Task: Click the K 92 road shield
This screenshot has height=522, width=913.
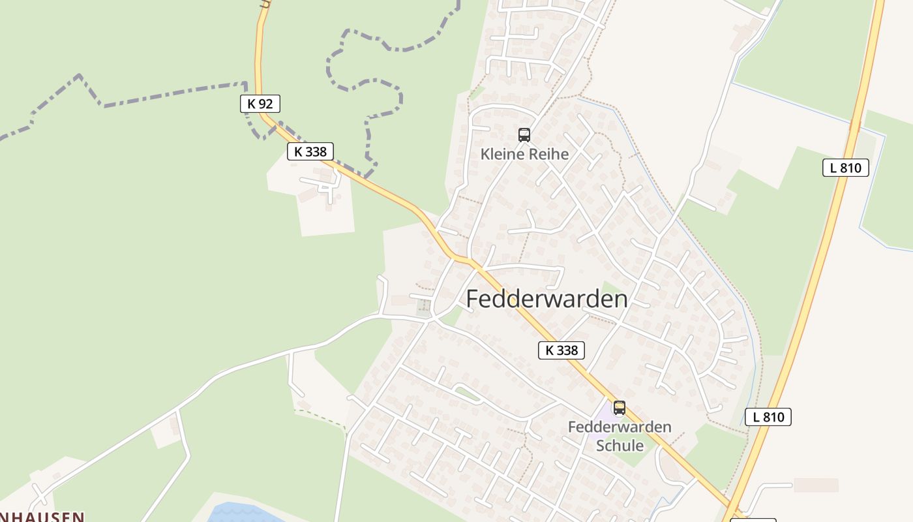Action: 260,103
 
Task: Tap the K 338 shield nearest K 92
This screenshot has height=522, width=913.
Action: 310,151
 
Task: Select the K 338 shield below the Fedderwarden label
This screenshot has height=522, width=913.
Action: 561,350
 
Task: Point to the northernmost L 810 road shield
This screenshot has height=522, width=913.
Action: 845,168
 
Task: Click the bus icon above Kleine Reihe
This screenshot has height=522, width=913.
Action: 524,135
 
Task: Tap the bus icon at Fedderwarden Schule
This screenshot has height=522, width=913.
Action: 619,408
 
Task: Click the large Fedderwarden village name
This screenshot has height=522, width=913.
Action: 546,299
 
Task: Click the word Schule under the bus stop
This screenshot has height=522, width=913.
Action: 620,446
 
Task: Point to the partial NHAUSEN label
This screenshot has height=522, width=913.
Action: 42,517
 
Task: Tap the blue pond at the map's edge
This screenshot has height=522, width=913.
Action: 241,514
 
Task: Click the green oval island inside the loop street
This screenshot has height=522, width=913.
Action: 467,393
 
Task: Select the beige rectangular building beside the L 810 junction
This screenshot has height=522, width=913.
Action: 815,485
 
